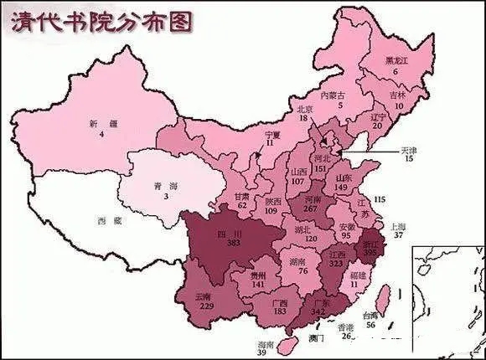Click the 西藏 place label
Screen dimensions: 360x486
pos(104,220)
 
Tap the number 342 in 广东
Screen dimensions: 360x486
pos(318,311)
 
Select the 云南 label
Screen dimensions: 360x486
pos(204,296)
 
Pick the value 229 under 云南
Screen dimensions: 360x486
pos(204,306)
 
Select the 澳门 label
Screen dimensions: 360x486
pos(316,337)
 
